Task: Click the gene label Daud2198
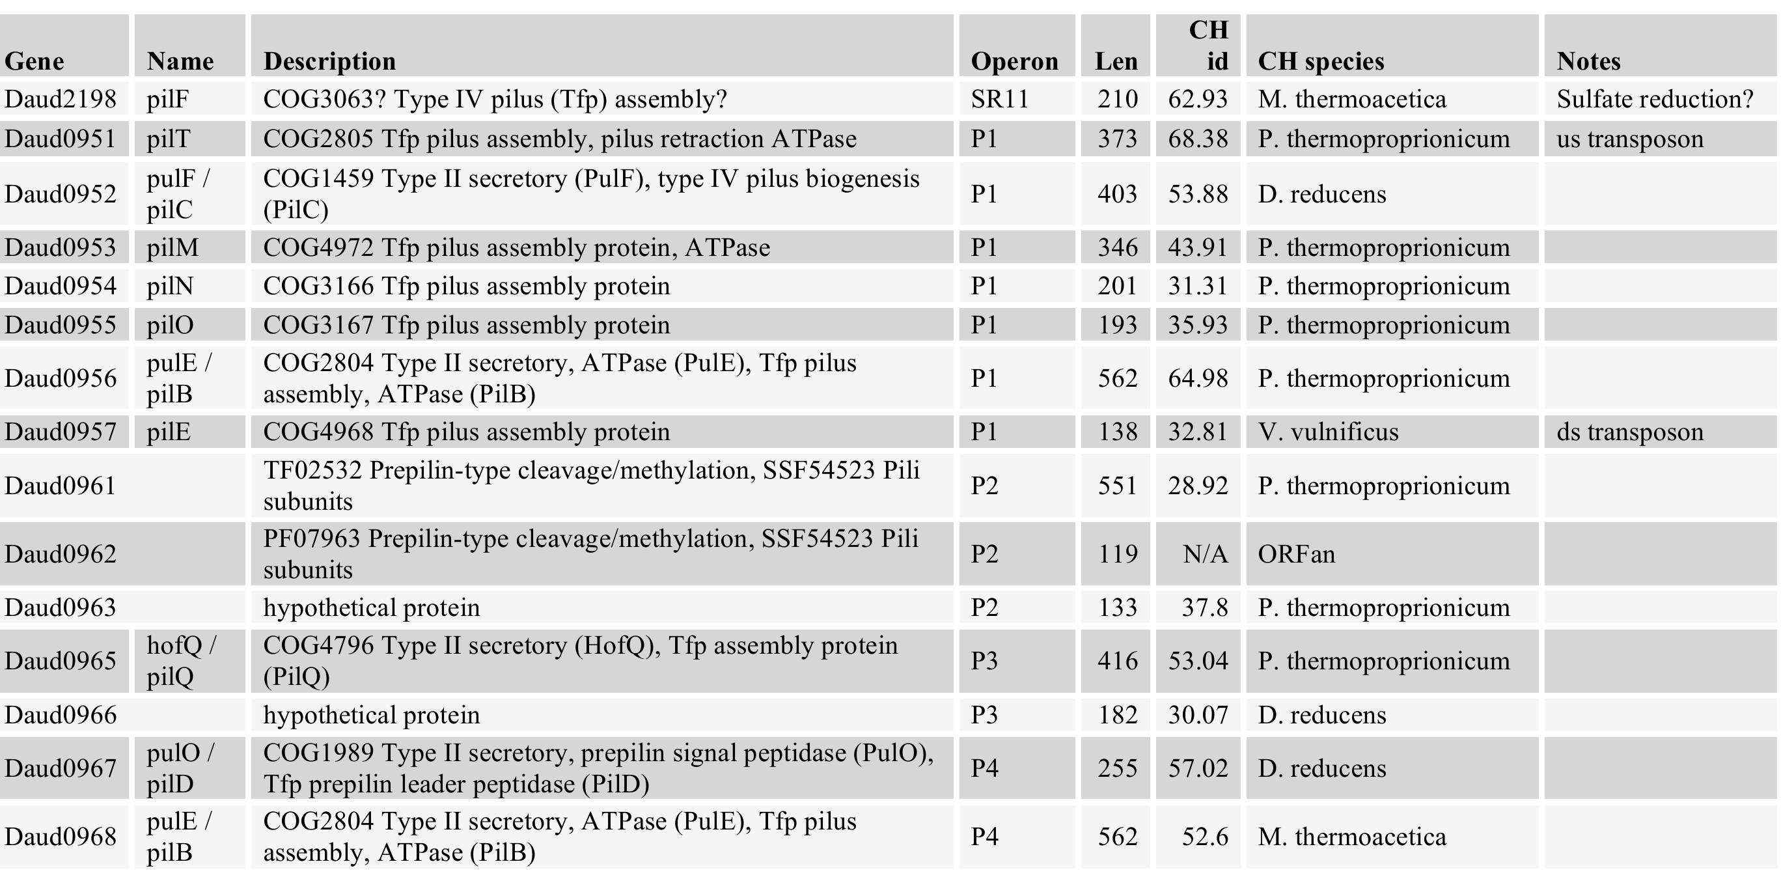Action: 60,99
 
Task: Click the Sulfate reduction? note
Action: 1655,99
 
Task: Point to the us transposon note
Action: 1629,139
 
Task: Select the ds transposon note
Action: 1629,432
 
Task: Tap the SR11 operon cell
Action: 999,99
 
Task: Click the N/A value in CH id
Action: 1205,554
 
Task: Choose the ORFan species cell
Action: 1295,554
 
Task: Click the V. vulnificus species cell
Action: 1327,432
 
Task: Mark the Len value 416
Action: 1117,661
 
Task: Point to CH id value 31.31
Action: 1198,286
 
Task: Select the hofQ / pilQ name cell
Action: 181,661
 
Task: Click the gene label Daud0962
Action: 60,554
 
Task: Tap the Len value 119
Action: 1117,554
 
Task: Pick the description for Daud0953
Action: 516,247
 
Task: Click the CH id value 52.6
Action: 1204,837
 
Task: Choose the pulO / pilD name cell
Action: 180,768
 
